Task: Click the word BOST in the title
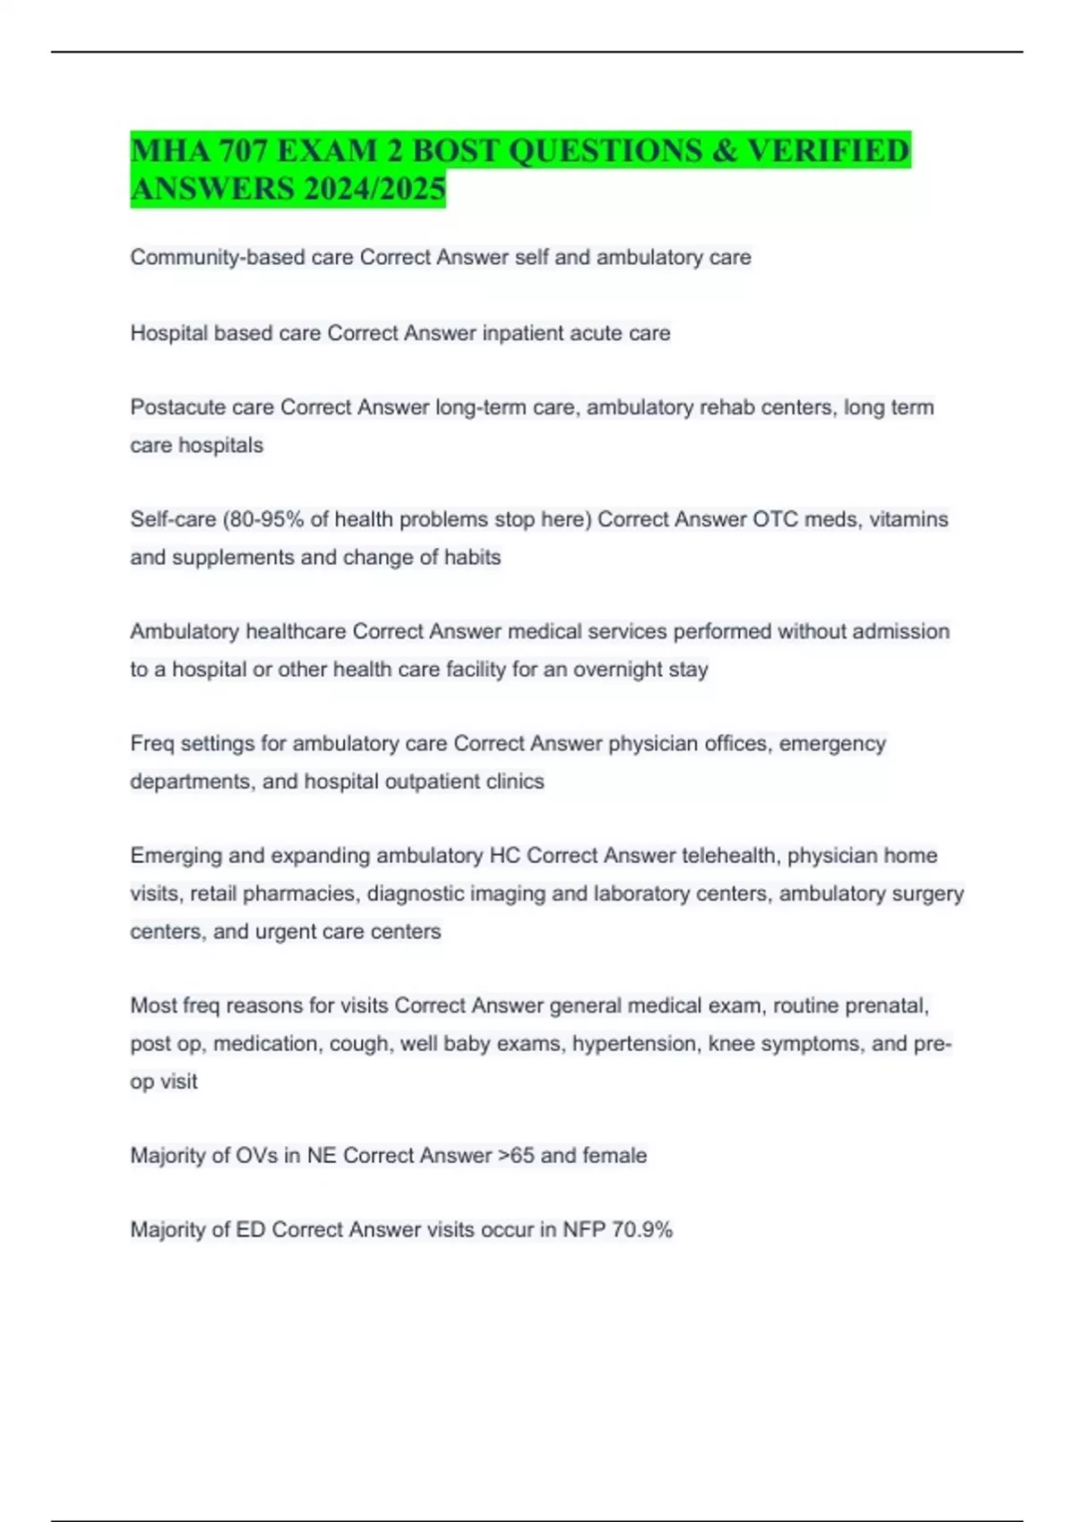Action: tap(456, 150)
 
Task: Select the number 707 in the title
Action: tap(237, 150)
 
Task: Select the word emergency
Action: tap(832, 744)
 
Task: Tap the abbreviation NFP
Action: tap(583, 1230)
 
